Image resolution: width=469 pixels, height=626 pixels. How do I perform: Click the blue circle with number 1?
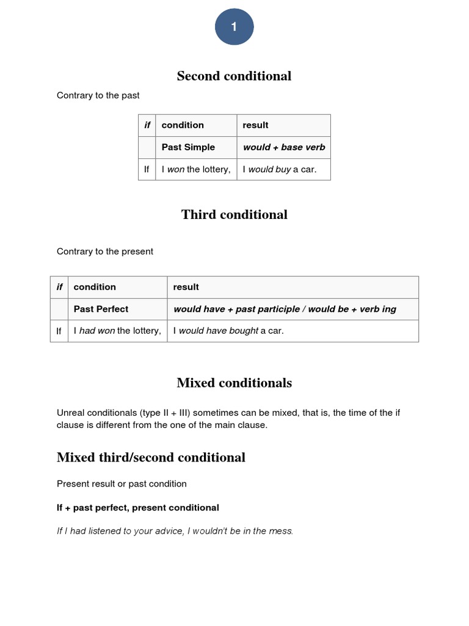tap(234, 28)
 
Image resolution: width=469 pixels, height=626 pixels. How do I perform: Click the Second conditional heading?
tap(234, 76)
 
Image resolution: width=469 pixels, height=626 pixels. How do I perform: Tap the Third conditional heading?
tap(234, 215)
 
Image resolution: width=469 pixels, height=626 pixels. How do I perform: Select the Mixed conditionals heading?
tap(234, 383)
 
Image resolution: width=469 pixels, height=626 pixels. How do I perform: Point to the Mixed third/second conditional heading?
tap(151, 457)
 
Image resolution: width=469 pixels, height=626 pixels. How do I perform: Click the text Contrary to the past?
tap(98, 95)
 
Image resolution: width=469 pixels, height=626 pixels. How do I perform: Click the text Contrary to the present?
tap(104, 251)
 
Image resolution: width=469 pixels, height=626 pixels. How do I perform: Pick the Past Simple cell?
tap(188, 147)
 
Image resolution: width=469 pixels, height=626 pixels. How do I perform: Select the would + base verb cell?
tap(284, 147)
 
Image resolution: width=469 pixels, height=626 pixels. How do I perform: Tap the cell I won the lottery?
tap(195, 169)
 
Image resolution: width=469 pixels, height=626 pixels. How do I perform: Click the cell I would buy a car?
tap(279, 169)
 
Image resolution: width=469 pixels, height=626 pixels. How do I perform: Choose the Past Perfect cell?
tap(101, 309)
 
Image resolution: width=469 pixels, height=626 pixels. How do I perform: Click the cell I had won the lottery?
tap(117, 331)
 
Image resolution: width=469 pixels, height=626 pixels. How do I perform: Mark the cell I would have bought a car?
tap(228, 331)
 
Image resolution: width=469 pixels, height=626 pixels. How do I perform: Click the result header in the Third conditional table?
tap(186, 287)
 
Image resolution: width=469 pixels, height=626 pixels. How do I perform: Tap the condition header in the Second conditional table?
tap(183, 125)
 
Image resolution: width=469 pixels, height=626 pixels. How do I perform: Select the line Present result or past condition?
tap(122, 484)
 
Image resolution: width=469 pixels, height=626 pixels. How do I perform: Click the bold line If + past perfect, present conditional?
tap(137, 507)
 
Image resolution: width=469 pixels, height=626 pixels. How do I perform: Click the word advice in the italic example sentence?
tap(170, 531)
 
